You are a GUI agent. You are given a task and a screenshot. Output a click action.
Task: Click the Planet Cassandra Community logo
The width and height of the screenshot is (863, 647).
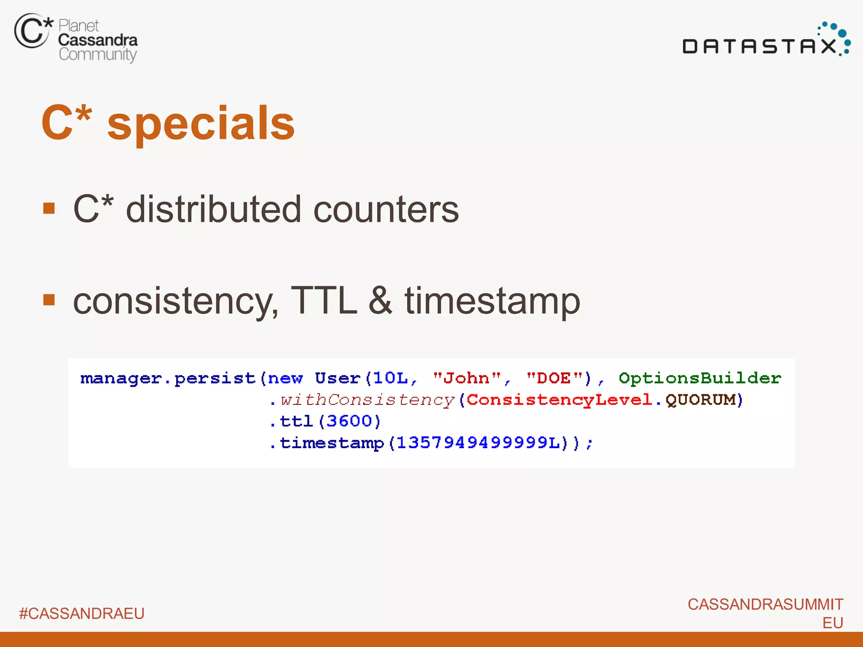tap(76, 38)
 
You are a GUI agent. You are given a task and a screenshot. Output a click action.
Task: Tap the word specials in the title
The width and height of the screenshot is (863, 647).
tap(201, 123)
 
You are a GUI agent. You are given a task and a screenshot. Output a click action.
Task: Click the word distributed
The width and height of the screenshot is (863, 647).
tap(214, 209)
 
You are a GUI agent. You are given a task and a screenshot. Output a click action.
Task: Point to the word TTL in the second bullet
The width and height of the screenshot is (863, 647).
tap(324, 301)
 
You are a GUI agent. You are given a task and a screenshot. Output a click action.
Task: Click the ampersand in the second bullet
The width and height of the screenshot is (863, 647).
tap(381, 301)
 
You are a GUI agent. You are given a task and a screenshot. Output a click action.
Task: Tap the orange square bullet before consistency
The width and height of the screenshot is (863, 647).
tap(49, 300)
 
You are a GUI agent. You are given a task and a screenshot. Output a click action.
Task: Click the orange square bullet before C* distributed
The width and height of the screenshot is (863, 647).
tap(49, 208)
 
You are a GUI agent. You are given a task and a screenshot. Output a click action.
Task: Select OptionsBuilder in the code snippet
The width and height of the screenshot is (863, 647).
tap(700, 378)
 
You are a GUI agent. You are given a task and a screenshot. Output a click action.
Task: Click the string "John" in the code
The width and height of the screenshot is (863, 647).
tap(467, 378)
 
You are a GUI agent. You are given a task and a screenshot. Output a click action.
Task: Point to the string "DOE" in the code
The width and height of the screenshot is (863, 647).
tap(555, 378)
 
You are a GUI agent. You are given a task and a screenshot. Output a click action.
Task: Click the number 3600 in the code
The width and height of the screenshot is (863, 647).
tap(349, 421)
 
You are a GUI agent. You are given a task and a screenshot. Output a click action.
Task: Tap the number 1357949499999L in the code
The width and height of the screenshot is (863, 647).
tap(478, 443)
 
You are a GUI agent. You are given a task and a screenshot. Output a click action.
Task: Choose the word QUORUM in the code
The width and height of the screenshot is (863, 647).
tap(700, 400)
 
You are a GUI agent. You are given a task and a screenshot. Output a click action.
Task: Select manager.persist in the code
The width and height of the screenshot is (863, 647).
tap(168, 379)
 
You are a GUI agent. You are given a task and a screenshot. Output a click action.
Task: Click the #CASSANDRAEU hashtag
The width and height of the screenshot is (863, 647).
tap(82, 614)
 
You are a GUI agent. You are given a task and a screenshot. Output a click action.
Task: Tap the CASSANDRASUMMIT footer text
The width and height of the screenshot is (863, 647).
tap(765, 604)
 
